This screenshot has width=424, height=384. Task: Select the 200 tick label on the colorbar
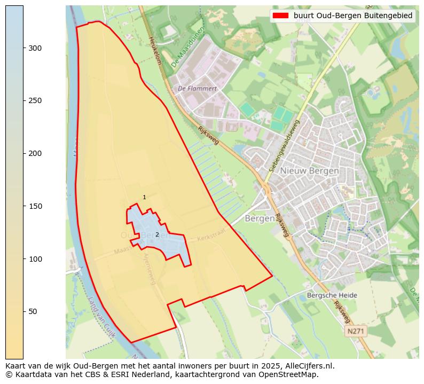coord(34,153)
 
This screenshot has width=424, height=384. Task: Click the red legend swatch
coord(280,15)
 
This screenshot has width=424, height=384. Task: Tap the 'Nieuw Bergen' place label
coord(310,171)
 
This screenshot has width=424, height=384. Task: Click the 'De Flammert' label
coord(197,89)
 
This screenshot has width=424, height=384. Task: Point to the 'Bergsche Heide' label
coord(332,295)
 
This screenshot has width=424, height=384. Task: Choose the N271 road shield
coord(356,332)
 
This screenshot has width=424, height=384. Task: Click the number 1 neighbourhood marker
coord(144,198)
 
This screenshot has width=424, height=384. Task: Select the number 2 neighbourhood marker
coord(157,234)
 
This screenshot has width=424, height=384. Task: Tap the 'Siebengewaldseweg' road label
coord(285,145)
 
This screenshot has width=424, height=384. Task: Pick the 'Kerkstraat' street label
coord(212,234)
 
